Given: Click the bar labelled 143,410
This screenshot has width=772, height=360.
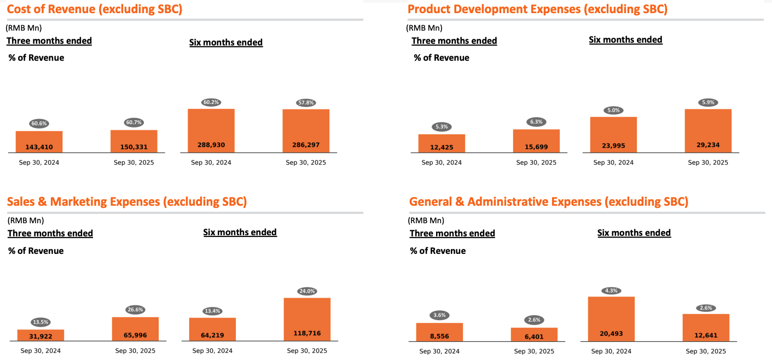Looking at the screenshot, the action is [39, 142].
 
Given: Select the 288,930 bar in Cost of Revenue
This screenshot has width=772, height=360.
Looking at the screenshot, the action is [211, 131].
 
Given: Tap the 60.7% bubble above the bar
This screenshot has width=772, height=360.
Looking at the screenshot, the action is [133, 123].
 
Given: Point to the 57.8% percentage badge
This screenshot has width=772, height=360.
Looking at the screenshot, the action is [306, 103].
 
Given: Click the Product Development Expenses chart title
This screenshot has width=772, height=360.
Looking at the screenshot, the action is [537, 9].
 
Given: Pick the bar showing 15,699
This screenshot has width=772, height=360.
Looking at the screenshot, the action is [536, 141].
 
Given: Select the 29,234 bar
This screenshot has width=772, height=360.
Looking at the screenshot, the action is [708, 131].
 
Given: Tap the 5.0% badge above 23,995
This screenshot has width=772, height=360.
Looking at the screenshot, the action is [613, 110].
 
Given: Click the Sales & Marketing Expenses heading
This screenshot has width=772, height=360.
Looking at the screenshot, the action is [127, 201].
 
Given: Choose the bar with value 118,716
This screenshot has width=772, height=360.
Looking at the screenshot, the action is [307, 320].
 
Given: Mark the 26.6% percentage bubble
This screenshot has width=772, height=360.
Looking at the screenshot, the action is [135, 310].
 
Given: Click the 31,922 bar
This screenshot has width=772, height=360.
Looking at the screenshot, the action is [40, 335].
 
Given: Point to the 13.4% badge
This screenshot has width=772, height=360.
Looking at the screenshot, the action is [212, 311].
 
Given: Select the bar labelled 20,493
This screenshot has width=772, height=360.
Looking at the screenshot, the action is [611, 319].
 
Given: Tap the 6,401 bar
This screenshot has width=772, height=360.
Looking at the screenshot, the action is [534, 334].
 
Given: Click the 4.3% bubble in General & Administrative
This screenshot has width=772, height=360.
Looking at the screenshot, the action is [611, 291].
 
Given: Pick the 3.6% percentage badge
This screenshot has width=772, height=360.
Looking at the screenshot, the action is [439, 315].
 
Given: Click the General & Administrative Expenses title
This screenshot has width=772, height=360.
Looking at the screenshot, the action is [549, 201].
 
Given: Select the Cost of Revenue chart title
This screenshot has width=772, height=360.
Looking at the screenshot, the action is [95, 9].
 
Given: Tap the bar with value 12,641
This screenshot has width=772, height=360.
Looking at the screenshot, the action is [706, 328].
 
